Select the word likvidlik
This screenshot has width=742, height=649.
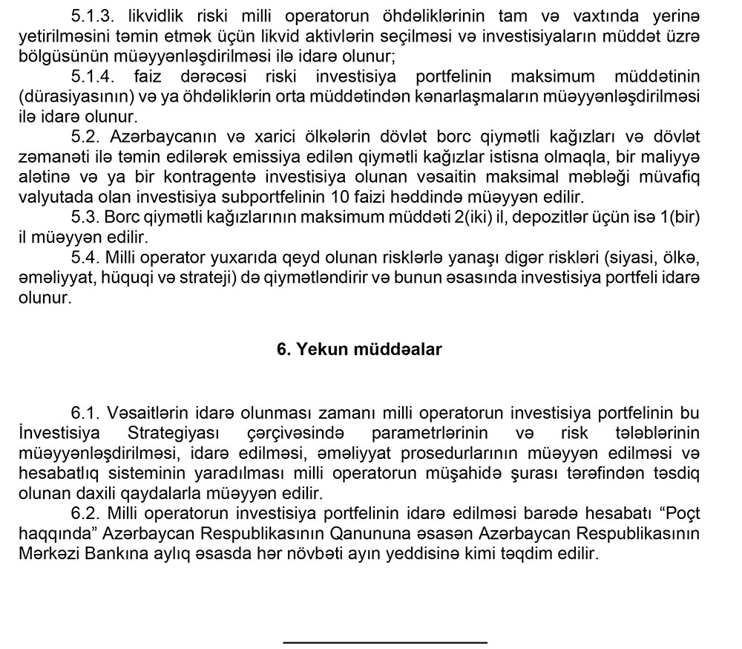[152, 16]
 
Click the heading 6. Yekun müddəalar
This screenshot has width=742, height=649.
[359, 350]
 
